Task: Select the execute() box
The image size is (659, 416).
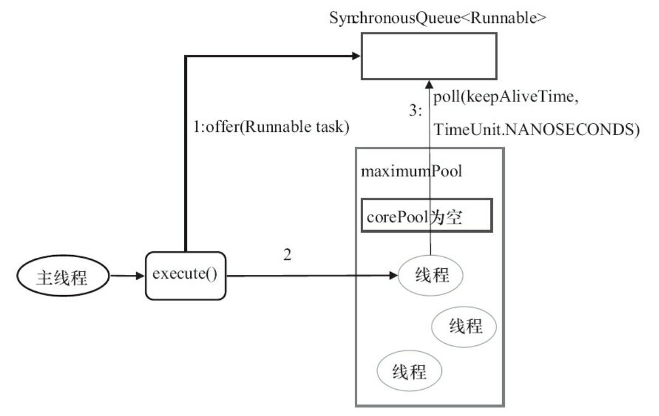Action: (185, 274)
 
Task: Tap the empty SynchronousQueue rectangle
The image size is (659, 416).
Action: (428, 55)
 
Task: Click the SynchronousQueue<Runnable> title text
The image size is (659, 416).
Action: (438, 17)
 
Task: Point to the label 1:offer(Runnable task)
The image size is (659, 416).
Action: (271, 126)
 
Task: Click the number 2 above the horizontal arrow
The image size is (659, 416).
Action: (287, 256)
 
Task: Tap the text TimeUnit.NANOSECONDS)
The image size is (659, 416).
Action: (536, 129)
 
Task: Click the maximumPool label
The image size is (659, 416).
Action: (412, 171)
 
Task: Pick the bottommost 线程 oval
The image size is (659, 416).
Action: (409, 373)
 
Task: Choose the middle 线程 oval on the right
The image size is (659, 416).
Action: (464, 327)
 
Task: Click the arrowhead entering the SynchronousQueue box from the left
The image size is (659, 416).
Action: (355, 55)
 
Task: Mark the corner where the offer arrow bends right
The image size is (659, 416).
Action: (186, 56)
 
